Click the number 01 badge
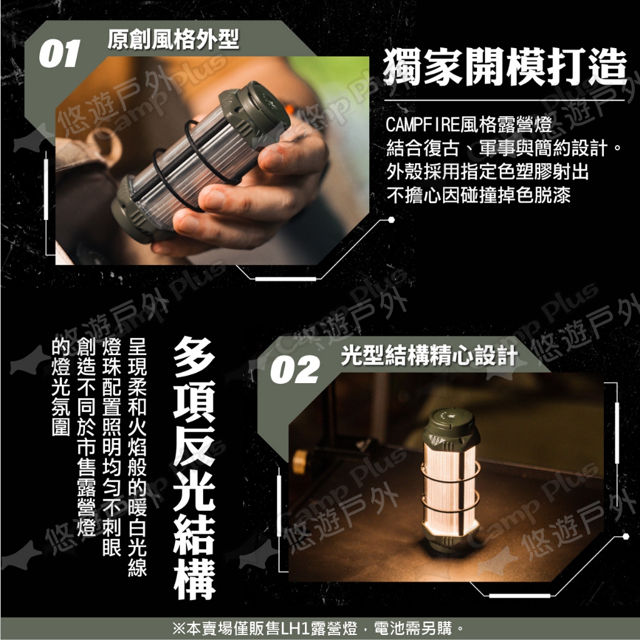[x=59, y=54]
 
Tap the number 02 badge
[x=294, y=369]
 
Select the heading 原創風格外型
[x=173, y=39]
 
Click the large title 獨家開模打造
[x=504, y=67]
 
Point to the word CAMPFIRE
[x=422, y=124]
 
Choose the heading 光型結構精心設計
[x=429, y=355]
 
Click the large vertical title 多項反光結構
[x=194, y=467]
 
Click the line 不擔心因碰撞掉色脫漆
[x=478, y=195]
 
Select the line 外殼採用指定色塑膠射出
[x=487, y=171]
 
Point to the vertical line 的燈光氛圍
[x=61, y=387]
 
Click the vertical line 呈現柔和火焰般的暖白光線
[x=137, y=457]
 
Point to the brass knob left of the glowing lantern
[x=299, y=462]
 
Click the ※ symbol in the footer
[x=179, y=628]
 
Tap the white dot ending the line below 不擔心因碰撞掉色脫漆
[x=391, y=220]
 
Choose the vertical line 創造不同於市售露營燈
[x=86, y=437]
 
